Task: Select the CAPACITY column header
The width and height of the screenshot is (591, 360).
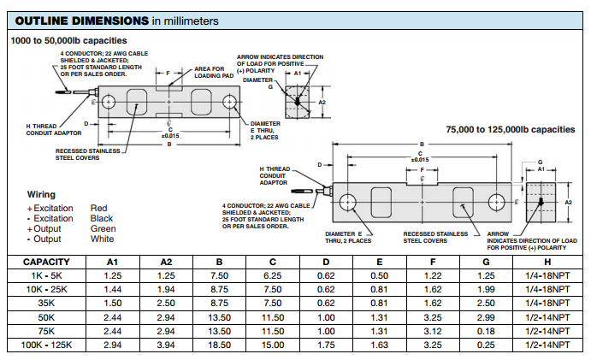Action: pyautogui.click(x=46, y=262)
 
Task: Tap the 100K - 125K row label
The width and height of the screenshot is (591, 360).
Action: pyautogui.click(x=46, y=344)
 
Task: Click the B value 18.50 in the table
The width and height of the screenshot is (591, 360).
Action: pyautogui.click(x=220, y=344)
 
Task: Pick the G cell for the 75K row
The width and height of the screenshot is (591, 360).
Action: pyautogui.click(x=486, y=330)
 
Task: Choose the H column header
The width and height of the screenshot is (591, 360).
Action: pyautogui.click(x=547, y=262)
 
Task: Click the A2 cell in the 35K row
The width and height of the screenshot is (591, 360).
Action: pyautogui.click(x=166, y=303)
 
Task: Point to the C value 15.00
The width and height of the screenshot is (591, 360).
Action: pyautogui.click(x=273, y=344)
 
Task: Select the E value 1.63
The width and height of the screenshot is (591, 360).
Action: pyautogui.click(x=379, y=344)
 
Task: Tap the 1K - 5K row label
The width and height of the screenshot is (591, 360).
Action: pyautogui.click(x=46, y=275)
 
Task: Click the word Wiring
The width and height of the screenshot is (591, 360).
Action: pyautogui.click(x=41, y=195)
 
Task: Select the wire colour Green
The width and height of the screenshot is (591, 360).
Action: pyautogui.click(x=103, y=228)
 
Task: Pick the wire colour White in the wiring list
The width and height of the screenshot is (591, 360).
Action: pyautogui.click(x=102, y=239)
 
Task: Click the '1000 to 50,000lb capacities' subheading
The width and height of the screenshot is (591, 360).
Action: pyautogui.click(x=68, y=40)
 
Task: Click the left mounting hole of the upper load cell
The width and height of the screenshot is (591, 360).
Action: pyautogui.click(x=109, y=103)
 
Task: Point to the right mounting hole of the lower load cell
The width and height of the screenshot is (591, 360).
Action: pyautogui.click(x=497, y=202)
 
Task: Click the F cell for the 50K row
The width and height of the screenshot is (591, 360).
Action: pyautogui.click(x=433, y=316)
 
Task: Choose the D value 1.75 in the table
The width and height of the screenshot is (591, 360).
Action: pyautogui.click(x=326, y=344)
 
